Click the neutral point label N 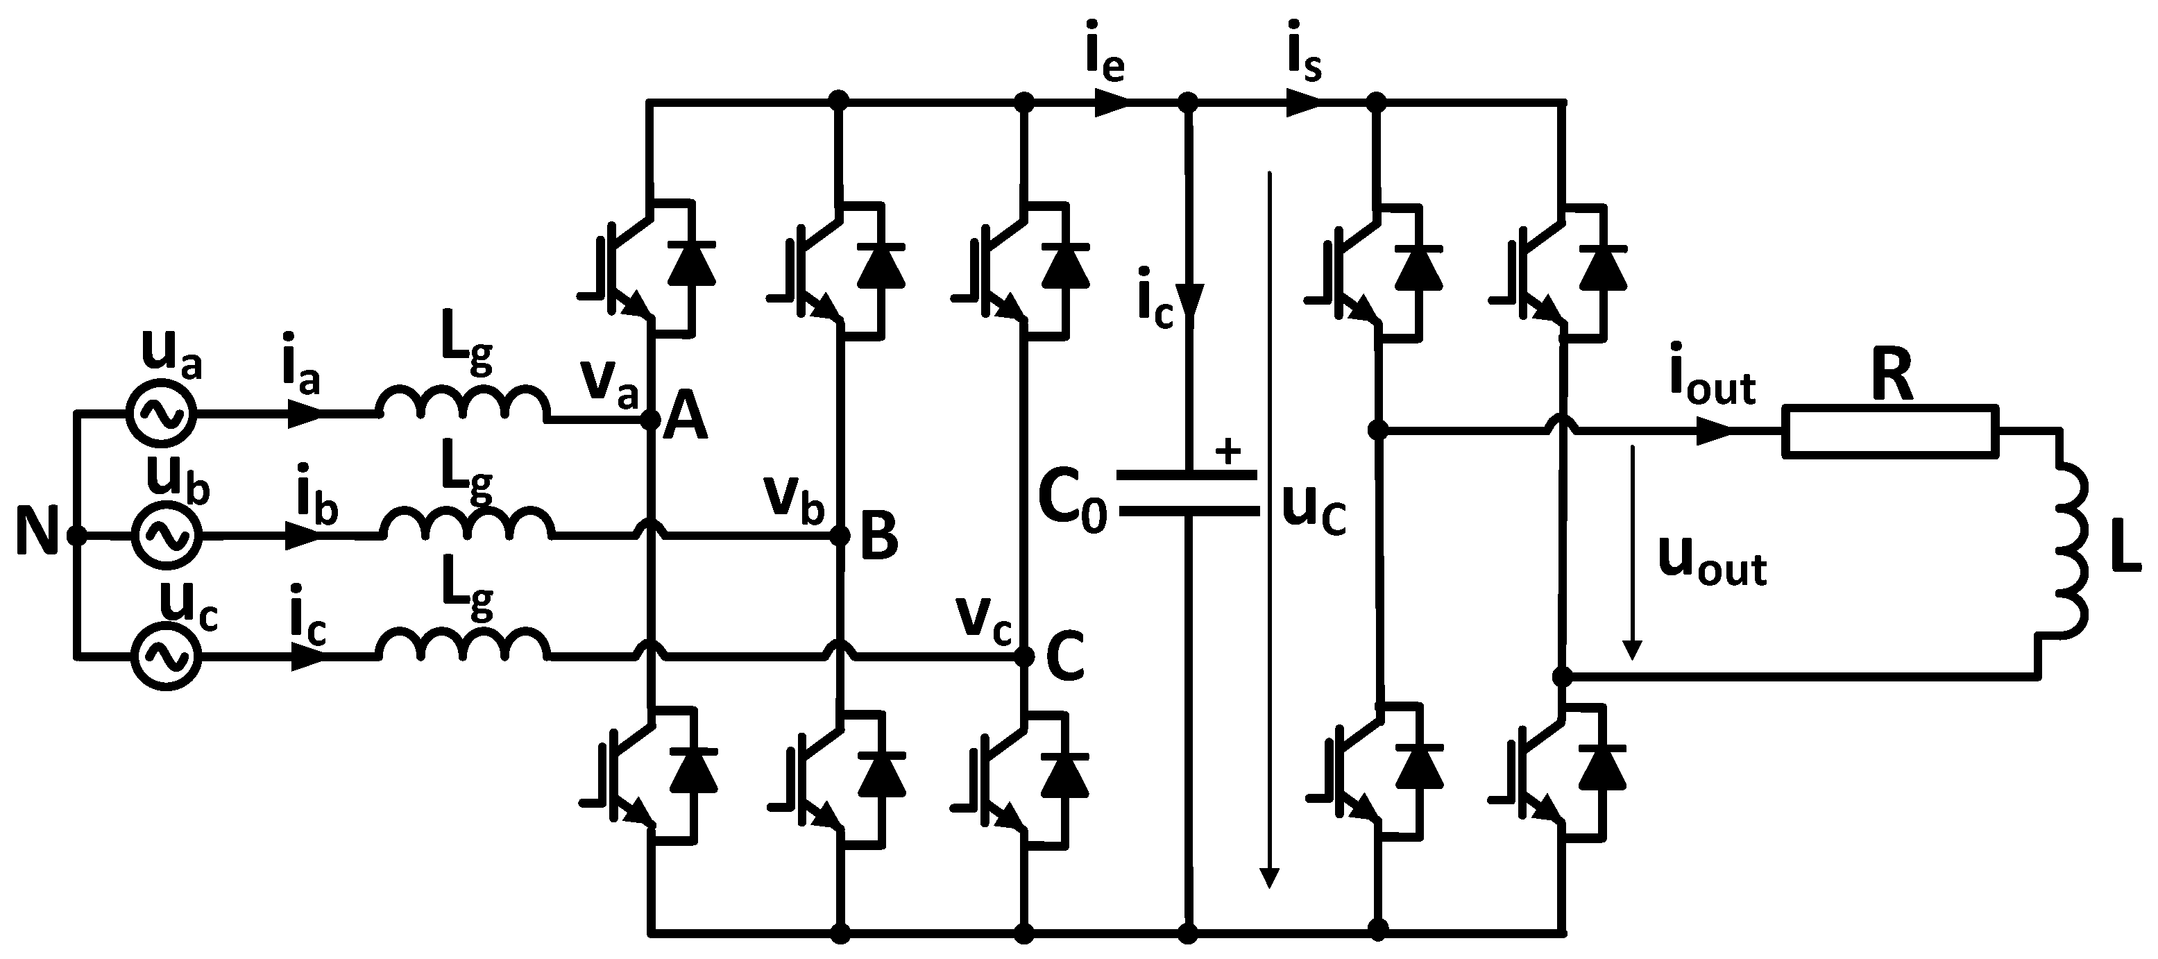(x=36, y=534)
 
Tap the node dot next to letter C (x=1023, y=656)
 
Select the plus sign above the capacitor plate (x=1228, y=452)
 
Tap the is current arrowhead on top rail (x=1302, y=102)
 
